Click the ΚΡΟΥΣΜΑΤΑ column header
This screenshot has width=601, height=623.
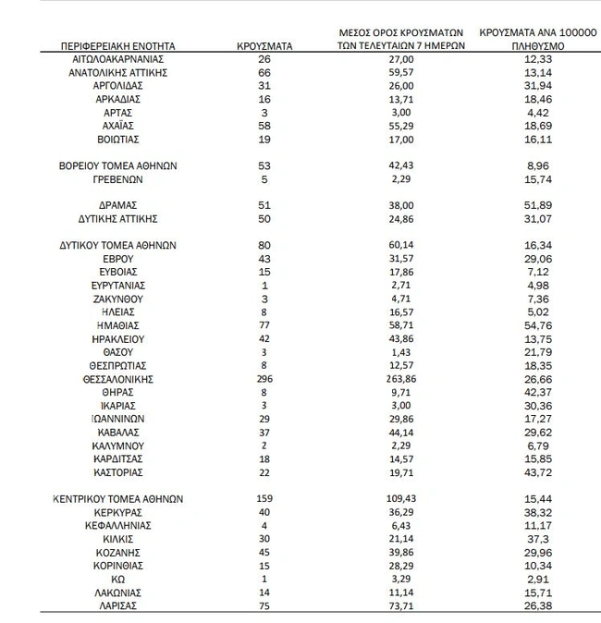coord(264,44)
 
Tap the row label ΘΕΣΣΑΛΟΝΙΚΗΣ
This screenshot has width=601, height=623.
coord(117,379)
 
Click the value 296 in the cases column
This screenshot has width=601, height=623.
coord(264,379)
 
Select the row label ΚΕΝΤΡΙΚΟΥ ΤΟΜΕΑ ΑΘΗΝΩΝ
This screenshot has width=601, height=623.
coord(117,499)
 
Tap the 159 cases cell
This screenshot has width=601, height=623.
coord(264,499)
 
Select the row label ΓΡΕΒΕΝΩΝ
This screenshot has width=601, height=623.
coord(117,178)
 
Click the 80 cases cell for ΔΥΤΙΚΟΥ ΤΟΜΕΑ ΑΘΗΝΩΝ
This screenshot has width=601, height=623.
coord(264,246)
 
